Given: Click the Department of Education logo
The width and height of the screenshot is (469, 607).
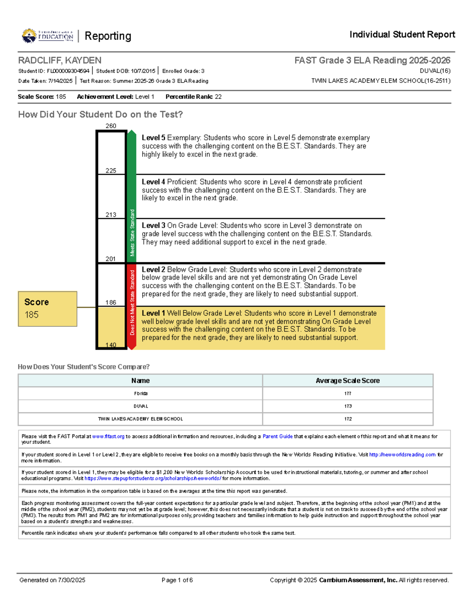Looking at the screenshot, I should [48, 36].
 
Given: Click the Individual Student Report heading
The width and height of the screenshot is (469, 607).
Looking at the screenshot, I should [402, 34].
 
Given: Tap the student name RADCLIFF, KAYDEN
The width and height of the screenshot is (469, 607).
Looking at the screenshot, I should [59, 60].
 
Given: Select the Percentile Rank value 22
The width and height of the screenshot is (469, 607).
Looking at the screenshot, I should [218, 97].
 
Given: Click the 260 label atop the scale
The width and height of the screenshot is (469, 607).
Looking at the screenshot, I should [111, 126].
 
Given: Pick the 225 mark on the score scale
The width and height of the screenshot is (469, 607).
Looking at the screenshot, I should [111, 170].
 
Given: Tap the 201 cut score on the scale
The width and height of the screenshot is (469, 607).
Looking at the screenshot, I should [111, 259].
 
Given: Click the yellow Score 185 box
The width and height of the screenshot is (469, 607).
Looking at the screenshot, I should [47, 308].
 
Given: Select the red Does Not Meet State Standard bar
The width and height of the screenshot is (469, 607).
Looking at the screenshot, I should [132, 307].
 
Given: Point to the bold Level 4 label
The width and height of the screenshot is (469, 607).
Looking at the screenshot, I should [153, 182].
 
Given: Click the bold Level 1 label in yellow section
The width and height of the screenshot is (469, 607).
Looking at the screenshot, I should [153, 313].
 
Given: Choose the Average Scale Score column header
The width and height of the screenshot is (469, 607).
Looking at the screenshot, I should [347, 380].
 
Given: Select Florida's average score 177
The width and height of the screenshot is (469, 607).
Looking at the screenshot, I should [347, 394].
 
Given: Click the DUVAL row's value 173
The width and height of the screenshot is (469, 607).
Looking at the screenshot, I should [347, 406].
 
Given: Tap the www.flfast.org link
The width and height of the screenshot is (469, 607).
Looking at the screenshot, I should [108, 436].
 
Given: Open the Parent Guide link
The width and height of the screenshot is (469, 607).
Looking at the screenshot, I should [277, 436].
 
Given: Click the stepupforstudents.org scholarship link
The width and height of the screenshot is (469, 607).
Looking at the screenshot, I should [153, 478].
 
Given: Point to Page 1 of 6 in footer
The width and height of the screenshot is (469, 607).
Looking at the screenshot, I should [177, 580].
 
